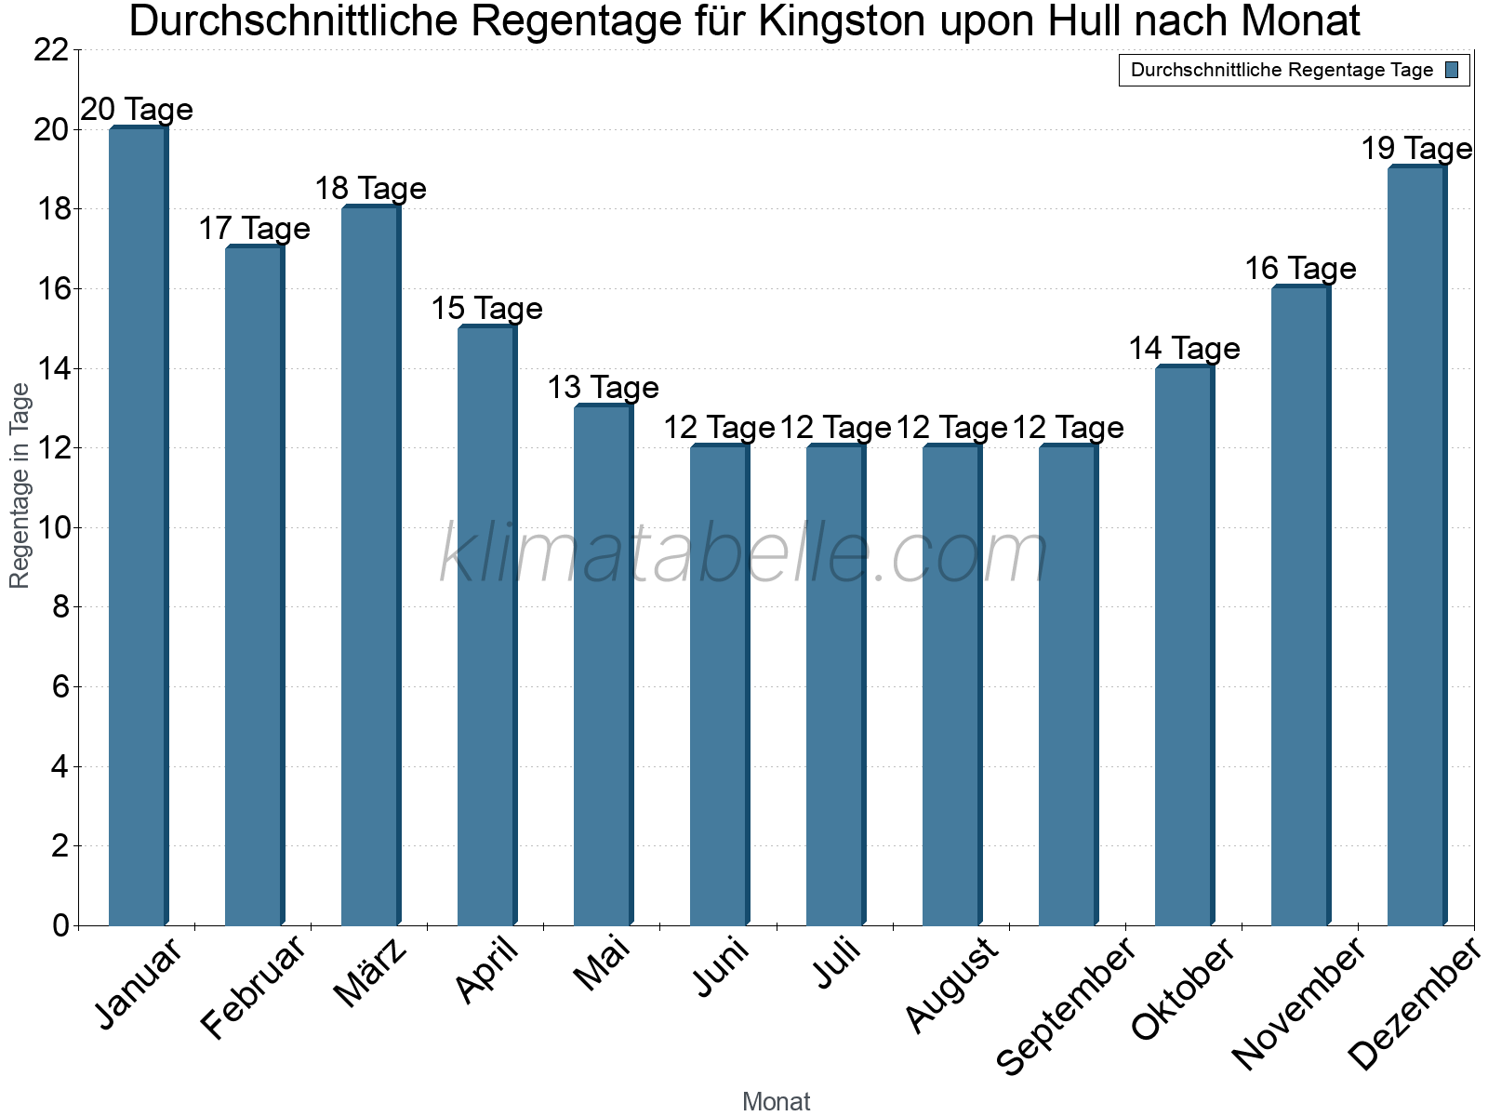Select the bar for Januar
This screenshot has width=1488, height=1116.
click(x=138, y=526)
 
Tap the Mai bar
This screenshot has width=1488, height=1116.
click(x=603, y=666)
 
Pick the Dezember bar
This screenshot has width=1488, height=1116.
click(x=1416, y=546)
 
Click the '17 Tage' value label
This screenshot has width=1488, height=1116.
click(x=254, y=229)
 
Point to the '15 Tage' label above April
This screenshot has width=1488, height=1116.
click(x=486, y=309)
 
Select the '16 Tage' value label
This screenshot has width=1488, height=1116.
click(x=1300, y=269)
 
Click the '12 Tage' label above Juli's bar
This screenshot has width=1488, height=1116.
click(x=835, y=428)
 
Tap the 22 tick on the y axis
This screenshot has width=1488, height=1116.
click(x=51, y=50)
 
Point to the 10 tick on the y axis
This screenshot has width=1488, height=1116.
click(x=51, y=528)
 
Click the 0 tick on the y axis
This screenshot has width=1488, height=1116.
click(x=60, y=926)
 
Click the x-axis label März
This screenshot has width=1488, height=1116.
click(x=371, y=973)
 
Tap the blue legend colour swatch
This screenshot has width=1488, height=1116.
click(x=1452, y=70)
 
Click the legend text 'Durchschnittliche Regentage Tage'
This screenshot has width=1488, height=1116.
click(x=1282, y=70)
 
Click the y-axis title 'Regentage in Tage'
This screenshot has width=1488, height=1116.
click(x=20, y=485)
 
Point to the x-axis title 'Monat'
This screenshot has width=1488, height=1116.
click(x=777, y=1102)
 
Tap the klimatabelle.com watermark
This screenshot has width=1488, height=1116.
click(x=744, y=554)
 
